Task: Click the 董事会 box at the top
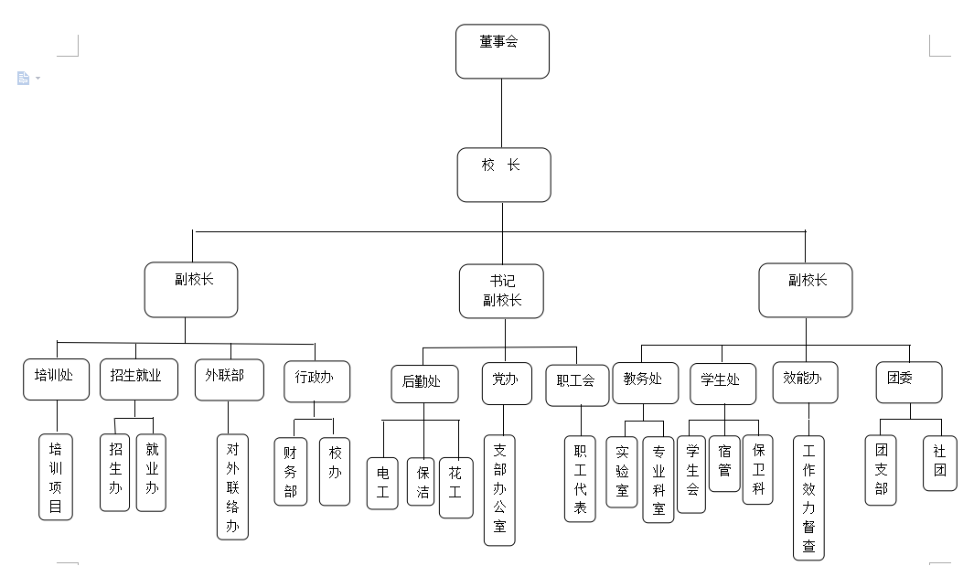502,51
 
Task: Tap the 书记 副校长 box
502,291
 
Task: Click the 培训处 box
55,379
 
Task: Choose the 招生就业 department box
139,379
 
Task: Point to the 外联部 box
229,379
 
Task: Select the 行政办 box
316,381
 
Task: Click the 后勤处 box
424,382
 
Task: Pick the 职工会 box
577,382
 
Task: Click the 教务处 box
645,382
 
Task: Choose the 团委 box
909,382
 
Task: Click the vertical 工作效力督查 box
808,497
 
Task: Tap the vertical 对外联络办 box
232,486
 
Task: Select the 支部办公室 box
499,489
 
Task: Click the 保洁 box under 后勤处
422,481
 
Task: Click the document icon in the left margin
24,79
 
